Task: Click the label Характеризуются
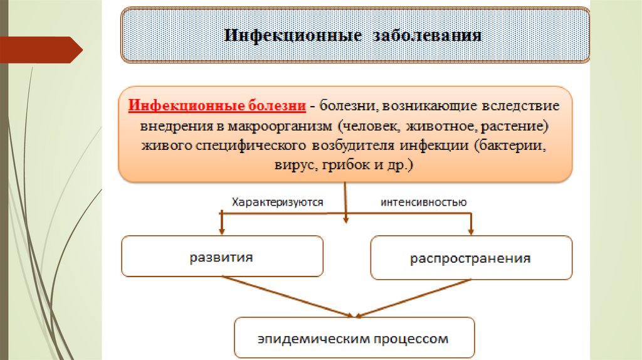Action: (277, 202)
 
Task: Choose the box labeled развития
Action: (222, 256)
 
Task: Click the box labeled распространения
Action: (471, 258)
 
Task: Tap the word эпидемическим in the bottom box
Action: (300, 339)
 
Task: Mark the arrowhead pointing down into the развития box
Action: (221, 230)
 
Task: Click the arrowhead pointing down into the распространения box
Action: (471, 230)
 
